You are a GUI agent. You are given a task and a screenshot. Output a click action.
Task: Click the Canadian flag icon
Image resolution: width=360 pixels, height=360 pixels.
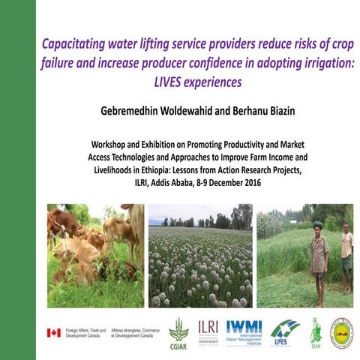[54, 332]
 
